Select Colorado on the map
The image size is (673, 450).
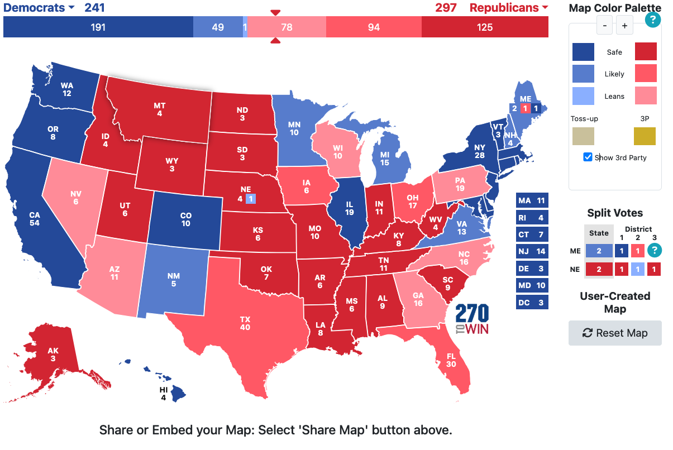185,219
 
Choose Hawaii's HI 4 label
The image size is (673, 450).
163,394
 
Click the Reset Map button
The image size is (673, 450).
615,333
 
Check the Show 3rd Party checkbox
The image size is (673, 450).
588,157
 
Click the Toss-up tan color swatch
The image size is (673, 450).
583,136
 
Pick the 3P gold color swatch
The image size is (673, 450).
645,136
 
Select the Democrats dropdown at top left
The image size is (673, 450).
40,8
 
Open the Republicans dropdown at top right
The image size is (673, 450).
508,8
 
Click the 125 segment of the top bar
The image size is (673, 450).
485,27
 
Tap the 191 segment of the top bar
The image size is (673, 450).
98,27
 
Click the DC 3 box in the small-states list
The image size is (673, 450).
532,303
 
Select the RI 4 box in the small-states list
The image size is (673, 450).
532,218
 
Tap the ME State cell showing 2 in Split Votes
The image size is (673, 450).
599,251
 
